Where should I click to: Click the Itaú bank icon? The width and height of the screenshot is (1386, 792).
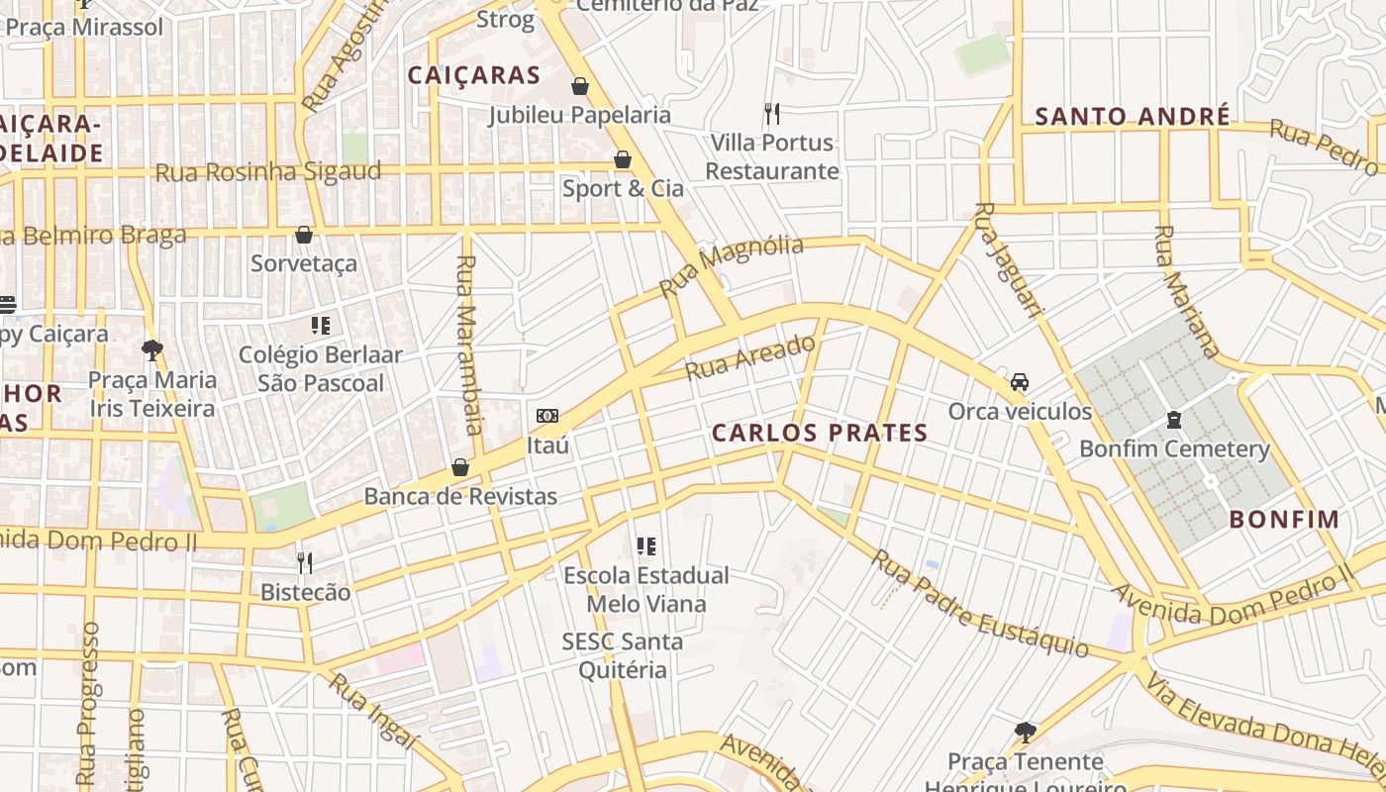coord(546,416)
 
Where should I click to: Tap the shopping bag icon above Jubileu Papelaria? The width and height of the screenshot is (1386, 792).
coord(580,86)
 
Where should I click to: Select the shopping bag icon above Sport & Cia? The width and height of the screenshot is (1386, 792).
coord(623,159)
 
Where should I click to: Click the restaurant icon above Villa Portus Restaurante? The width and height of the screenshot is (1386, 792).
coord(772,113)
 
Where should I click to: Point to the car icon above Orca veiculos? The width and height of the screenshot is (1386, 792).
coord(1020,382)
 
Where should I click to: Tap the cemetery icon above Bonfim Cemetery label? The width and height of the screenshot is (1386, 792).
coord(1174,420)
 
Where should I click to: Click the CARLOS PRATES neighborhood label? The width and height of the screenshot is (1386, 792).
coord(820,433)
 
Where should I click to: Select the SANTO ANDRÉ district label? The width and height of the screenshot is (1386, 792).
coord(1133,117)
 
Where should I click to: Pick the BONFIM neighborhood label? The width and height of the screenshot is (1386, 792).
coord(1284,519)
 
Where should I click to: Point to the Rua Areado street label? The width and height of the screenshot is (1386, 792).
coord(751,357)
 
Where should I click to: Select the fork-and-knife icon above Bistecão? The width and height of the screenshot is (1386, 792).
coord(305,563)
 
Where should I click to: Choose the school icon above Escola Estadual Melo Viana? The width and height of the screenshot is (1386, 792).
coord(646,545)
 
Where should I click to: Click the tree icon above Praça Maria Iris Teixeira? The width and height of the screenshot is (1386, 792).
coord(151,349)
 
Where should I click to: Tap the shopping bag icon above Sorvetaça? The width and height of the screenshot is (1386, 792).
coord(304,235)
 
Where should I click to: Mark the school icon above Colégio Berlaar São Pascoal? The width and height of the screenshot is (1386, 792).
coord(320,325)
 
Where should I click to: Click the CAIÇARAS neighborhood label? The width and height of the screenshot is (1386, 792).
coord(474,75)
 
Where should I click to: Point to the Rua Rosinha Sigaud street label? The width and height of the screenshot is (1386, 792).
coord(267,172)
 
